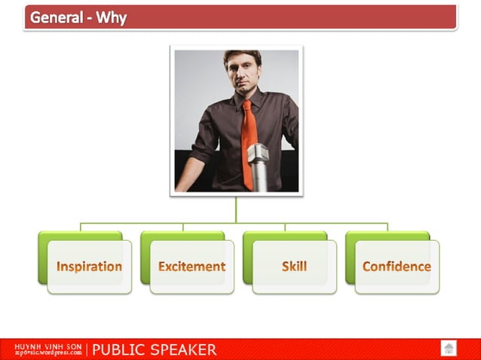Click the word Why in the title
(x=111, y=17)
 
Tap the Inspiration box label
(x=89, y=267)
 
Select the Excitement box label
(x=191, y=267)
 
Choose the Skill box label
(x=294, y=267)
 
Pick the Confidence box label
(x=397, y=267)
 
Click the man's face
(x=243, y=72)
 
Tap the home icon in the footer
(x=449, y=348)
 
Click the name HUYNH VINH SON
(x=47, y=346)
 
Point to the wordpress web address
(x=47, y=352)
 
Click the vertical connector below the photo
(x=236, y=209)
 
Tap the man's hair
(x=243, y=55)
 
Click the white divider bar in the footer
(x=87, y=349)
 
